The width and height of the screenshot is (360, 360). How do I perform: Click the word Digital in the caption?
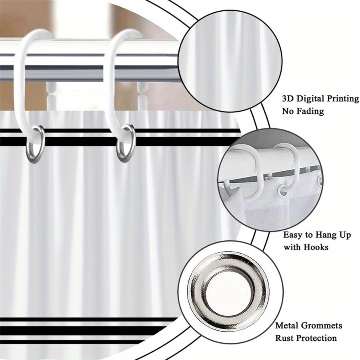point(310,99)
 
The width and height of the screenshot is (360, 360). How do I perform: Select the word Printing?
point(343,99)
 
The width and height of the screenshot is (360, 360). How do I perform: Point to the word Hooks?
point(316,247)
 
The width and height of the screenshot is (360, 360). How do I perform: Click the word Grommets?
point(322,326)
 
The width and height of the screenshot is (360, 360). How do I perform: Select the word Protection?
point(316,338)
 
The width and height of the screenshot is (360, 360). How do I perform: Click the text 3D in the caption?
point(288,99)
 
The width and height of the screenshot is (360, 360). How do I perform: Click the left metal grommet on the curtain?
point(35,144)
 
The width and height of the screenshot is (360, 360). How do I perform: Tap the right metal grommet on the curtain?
point(126,144)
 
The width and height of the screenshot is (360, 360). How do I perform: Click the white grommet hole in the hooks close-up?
point(283,190)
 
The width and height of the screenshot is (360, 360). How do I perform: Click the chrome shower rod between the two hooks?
point(76,62)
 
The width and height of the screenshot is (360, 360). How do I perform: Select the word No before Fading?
point(288,111)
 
